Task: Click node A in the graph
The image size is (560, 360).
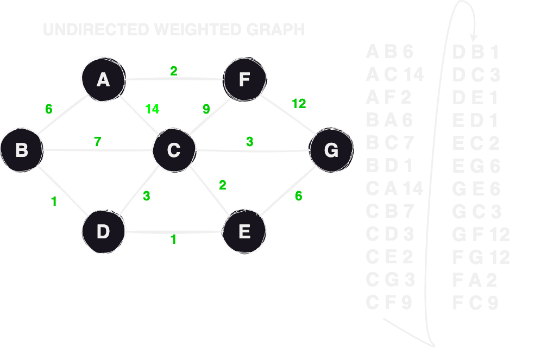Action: pyautogui.click(x=103, y=80)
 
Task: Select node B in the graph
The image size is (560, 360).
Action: pyautogui.click(x=22, y=149)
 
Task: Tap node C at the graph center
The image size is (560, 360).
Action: pyautogui.click(x=173, y=149)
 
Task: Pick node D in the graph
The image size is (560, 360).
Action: pyautogui.click(x=103, y=232)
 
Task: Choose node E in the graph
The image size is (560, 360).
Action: pyautogui.click(x=244, y=232)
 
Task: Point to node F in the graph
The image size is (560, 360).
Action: pyautogui.click(x=244, y=80)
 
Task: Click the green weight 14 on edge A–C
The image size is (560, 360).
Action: pyautogui.click(x=152, y=109)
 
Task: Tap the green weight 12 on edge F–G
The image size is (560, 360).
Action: pyautogui.click(x=299, y=104)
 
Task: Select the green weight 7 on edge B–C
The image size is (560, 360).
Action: pyautogui.click(x=97, y=142)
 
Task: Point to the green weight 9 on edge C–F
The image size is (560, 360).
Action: pyautogui.click(x=206, y=109)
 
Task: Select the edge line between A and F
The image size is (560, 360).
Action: pyautogui.click(x=174, y=79)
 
